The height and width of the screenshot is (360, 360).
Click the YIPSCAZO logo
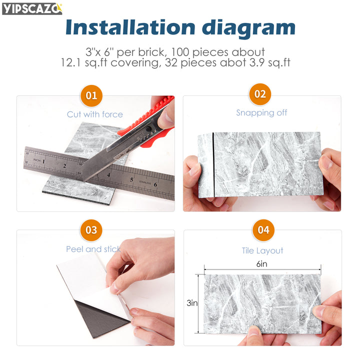tap(32, 9)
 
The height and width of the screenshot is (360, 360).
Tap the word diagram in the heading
tap(248, 29)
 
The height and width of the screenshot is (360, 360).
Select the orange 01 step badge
tap(91, 95)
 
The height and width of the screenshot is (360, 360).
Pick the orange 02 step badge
tap(260, 94)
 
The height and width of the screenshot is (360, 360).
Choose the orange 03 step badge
tap(91, 230)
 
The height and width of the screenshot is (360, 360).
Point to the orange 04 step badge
tap(263, 230)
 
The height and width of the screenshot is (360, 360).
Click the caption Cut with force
tap(95, 114)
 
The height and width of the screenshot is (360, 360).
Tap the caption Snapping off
tap(261, 112)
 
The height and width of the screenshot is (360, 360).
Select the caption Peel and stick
tap(93, 249)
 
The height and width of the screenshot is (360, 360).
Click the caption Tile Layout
tap(262, 250)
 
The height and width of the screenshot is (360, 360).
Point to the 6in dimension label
tap(261, 264)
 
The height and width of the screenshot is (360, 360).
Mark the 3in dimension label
tap(192, 303)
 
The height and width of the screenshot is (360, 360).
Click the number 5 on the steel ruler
tap(131, 180)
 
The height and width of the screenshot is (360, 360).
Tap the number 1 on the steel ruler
tap(43, 161)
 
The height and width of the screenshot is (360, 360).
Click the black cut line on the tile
tap(213, 165)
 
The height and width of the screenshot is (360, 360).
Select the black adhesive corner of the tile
tap(101, 318)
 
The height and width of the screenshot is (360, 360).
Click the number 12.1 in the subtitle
tap(70, 62)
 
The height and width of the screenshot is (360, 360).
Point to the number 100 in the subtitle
tap(180, 52)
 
